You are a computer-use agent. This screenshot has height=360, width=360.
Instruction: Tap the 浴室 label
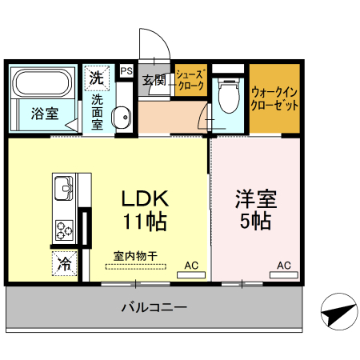pos(44,114)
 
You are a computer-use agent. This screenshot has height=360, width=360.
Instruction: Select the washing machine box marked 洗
pos(96,78)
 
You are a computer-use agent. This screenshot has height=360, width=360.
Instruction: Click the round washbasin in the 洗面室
pos(121,118)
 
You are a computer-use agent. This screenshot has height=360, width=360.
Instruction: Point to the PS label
pos(126,71)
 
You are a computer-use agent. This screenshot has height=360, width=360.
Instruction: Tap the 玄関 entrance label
pos(154,80)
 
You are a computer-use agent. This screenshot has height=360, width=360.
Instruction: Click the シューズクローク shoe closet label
pos(191,80)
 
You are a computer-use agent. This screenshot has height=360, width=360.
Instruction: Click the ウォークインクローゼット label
pos(275,98)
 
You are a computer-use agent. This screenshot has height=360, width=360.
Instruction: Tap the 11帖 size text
pos(144,221)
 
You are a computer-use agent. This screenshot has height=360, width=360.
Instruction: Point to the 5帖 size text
pos(255,221)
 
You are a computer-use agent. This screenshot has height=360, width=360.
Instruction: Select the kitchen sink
pos(63,190)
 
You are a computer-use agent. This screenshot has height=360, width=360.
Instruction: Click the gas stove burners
pos(64,228)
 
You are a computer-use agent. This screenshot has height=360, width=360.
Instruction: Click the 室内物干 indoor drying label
pos(135,257)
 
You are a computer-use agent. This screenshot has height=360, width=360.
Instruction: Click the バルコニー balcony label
pos(154,306)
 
